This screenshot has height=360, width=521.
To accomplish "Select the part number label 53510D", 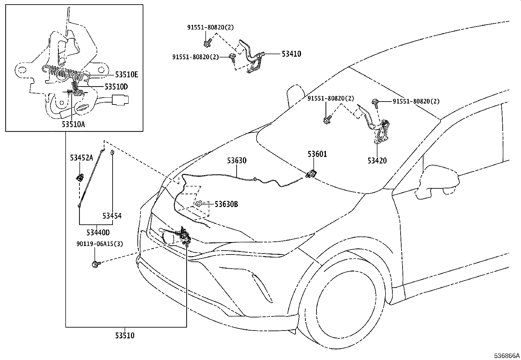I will tap(116, 87).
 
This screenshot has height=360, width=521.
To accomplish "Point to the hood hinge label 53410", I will tap(291, 54).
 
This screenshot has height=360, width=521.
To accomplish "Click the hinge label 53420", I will tap(377, 161).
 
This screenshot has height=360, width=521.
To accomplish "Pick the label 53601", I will tap(317, 154).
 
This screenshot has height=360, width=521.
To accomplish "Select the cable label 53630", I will tap(237, 161).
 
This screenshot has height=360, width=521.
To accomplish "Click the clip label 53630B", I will tap(226, 204).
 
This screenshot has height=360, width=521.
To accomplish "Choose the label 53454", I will tap(112, 216).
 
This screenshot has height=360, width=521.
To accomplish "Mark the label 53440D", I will tap(98, 233).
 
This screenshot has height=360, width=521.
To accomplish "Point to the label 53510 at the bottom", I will tap(125, 336).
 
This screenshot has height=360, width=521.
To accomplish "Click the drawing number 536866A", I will tap(507, 355).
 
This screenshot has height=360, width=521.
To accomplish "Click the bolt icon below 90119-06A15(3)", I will tap(96, 263).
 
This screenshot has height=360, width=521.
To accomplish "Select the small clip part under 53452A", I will tap(80, 178).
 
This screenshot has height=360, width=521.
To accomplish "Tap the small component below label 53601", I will tap(311, 174).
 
